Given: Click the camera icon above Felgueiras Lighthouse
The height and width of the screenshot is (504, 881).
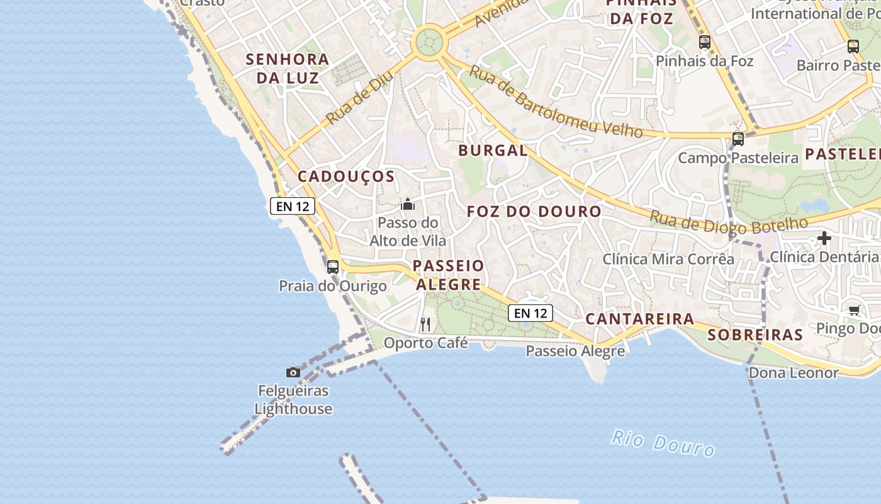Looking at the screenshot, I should click(x=293, y=372).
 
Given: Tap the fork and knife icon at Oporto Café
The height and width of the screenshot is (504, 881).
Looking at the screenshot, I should click(x=426, y=324).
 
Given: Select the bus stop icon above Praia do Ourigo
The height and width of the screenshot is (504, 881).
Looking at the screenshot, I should click(x=333, y=266).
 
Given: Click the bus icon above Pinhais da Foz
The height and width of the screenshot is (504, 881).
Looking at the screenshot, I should click(x=705, y=42).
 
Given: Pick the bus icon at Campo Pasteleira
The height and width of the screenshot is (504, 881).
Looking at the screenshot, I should click(x=738, y=139).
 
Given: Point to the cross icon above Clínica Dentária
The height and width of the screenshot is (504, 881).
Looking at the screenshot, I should click(x=824, y=238).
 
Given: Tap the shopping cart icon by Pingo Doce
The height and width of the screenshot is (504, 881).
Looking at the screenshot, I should click(x=854, y=309).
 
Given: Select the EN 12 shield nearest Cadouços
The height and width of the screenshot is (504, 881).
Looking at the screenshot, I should click(x=292, y=206).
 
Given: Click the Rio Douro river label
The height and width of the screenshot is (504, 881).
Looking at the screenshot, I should click(x=663, y=443).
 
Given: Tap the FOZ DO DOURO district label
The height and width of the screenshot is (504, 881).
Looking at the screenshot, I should click(x=534, y=212).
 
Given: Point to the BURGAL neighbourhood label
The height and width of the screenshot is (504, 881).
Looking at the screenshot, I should click(x=493, y=151).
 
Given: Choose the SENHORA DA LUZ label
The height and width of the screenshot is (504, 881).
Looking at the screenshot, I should click(x=287, y=69).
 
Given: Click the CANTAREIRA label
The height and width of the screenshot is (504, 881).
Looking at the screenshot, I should click(x=639, y=319).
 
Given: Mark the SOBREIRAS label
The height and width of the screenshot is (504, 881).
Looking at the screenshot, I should click(x=755, y=335).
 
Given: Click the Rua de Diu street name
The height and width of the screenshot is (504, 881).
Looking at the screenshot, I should click(x=360, y=97).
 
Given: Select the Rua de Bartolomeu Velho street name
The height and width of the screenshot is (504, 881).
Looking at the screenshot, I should click(x=556, y=103).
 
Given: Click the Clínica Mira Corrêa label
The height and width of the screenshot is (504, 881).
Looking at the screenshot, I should click(x=668, y=259).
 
